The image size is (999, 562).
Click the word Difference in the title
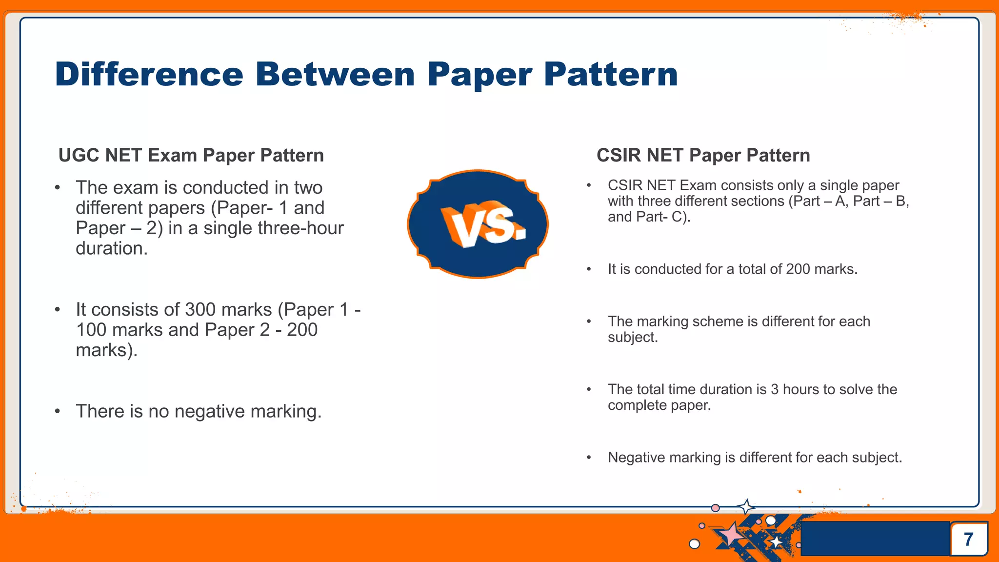(149, 75)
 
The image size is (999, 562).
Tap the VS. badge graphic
(478, 224)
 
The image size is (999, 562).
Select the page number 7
(969, 539)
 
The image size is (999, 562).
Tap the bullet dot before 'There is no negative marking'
(58, 411)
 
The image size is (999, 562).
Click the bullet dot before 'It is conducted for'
(589, 269)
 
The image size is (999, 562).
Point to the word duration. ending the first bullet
(111, 249)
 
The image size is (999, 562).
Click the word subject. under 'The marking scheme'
(633, 338)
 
